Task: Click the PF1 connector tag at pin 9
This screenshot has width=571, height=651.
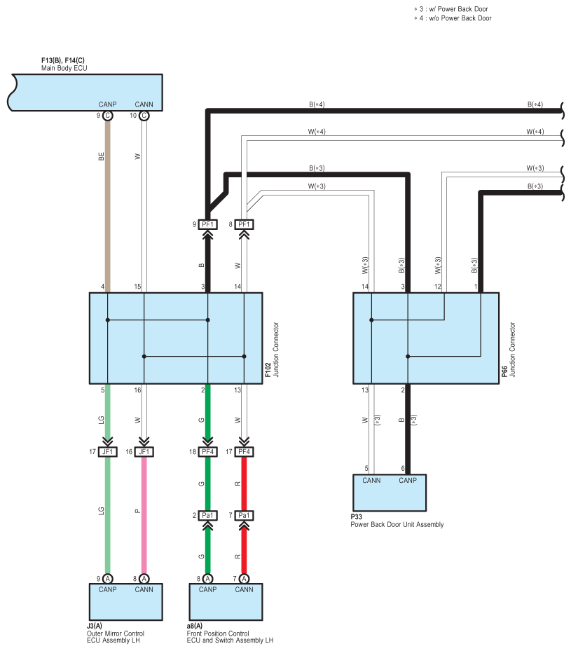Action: click(x=207, y=224)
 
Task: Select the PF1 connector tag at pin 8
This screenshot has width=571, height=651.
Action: click(x=244, y=224)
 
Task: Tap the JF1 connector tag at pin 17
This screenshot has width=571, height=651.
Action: click(x=108, y=452)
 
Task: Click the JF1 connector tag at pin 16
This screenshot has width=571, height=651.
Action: click(x=144, y=452)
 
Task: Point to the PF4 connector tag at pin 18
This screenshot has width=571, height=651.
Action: click(x=207, y=452)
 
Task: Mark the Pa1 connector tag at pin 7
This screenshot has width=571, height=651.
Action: click(x=244, y=516)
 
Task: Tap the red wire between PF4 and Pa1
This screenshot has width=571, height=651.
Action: click(x=244, y=484)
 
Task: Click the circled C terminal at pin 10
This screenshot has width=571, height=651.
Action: click(x=144, y=116)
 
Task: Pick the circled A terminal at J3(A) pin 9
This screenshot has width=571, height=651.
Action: click(x=108, y=579)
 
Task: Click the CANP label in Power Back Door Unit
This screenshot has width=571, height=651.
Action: click(x=408, y=481)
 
